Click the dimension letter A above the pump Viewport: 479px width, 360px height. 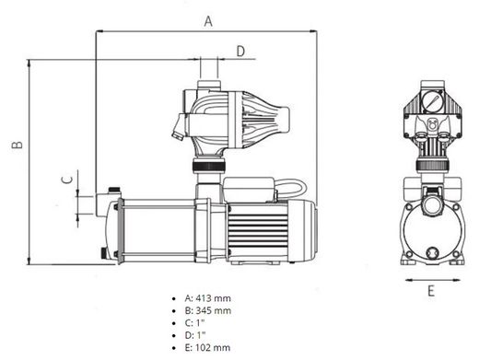[208, 21]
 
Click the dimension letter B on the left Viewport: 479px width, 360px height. [18, 145]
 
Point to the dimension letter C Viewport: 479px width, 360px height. [67, 180]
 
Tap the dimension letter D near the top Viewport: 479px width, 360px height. [240, 51]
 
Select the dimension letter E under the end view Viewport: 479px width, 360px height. [431, 291]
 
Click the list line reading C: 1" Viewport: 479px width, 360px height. [194, 323]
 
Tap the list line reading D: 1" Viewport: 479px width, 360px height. [195, 335]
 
